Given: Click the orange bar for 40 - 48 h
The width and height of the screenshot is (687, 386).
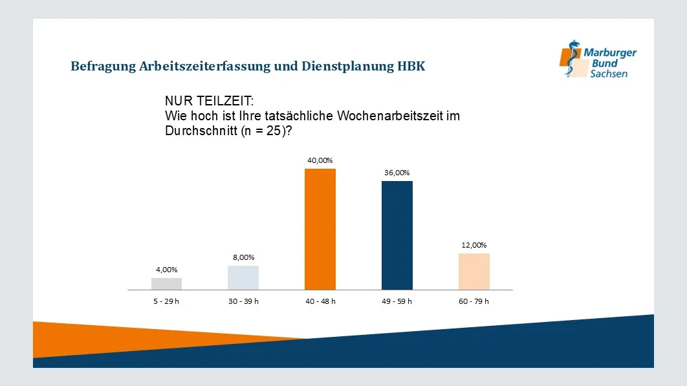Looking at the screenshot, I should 320,229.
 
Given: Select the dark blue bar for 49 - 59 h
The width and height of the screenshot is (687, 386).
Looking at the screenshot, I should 397,235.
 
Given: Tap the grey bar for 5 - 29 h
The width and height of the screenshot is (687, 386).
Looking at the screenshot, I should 166,284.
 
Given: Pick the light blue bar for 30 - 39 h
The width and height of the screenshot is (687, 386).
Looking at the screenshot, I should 243,278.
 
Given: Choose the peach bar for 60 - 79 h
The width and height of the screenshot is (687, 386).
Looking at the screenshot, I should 474,272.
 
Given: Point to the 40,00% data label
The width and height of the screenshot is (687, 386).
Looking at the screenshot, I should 320,160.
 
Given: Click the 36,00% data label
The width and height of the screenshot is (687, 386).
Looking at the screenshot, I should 397,173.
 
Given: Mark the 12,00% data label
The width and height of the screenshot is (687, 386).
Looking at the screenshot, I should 474,245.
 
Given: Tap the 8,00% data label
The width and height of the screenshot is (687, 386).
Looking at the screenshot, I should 243,257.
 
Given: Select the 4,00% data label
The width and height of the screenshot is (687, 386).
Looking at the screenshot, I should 166,270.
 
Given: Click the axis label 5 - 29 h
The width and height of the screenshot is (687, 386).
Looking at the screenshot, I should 166,301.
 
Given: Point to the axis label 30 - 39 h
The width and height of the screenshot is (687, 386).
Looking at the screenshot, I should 243,301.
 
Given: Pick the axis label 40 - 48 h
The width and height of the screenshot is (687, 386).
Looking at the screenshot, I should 320,301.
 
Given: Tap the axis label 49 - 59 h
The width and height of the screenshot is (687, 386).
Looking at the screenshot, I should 397,301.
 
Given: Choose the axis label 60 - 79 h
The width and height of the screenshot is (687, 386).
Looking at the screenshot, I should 474,301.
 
